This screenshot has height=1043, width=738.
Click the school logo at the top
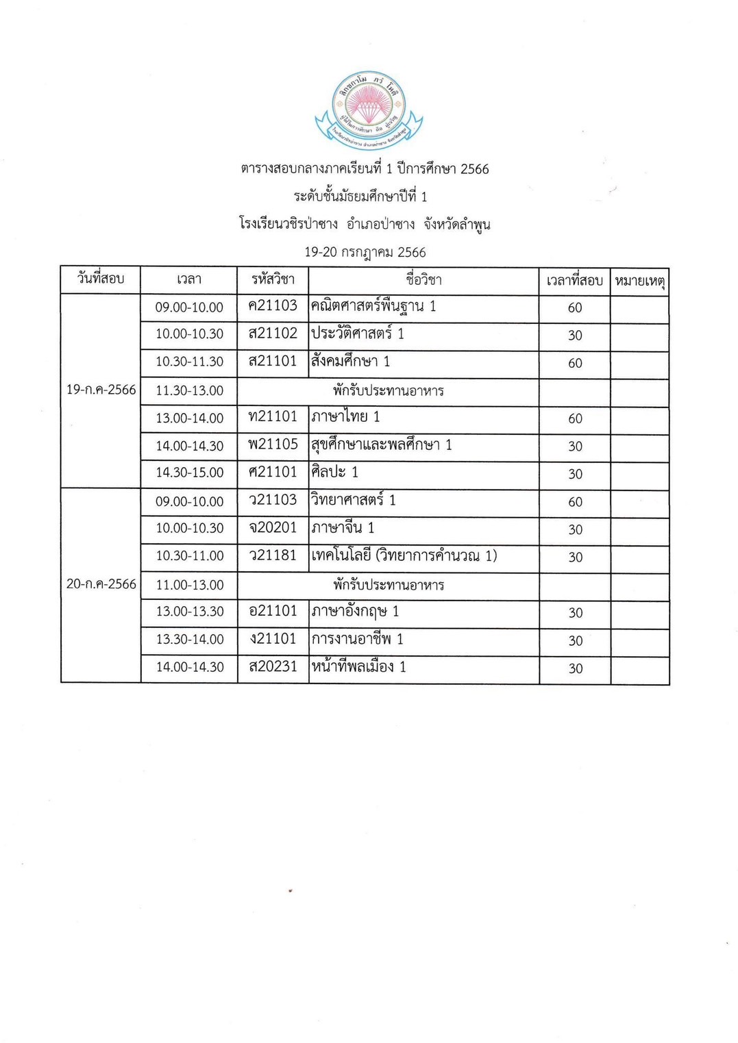(x=368, y=109)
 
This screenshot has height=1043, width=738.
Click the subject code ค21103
(x=273, y=306)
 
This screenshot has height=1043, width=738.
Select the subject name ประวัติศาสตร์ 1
(x=357, y=334)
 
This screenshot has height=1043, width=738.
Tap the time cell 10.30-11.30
(x=189, y=362)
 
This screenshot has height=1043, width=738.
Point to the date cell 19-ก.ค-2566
(x=101, y=390)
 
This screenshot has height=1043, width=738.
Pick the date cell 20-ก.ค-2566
(x=101, y=584)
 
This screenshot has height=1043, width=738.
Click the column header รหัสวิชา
(x=273, y=279)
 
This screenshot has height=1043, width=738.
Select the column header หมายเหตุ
(x=639, y=281)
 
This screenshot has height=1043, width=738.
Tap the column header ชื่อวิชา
(x=423, y=279)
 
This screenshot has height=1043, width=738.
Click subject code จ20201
(x=273, y=528)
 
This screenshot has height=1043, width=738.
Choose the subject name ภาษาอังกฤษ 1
(x=355, y=612)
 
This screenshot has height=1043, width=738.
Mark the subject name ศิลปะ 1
(x=334, y=473)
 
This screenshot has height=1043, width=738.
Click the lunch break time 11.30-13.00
(x=189, y=390)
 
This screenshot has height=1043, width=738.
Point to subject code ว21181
(x=273, y=555)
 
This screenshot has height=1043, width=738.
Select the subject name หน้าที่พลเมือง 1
(x=358, y=667)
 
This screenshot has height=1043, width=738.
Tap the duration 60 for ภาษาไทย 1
(x=575, y=418)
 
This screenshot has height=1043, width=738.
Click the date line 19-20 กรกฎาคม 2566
(x=365, y=252)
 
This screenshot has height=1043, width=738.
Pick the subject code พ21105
(x=273, y=445)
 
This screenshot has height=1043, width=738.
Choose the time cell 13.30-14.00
(x=190, y=640)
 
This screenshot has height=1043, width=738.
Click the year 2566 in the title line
(x=474, y=169)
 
